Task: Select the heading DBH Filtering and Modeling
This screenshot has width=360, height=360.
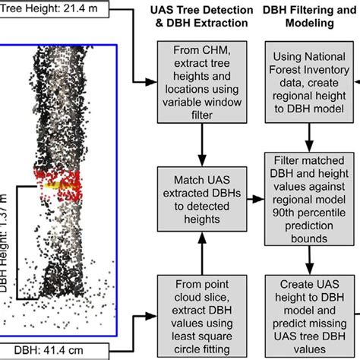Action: pyautogui.click(x=311, y=17)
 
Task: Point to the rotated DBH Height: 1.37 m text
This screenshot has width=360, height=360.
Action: pyautogui.click(x=9, y=243)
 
